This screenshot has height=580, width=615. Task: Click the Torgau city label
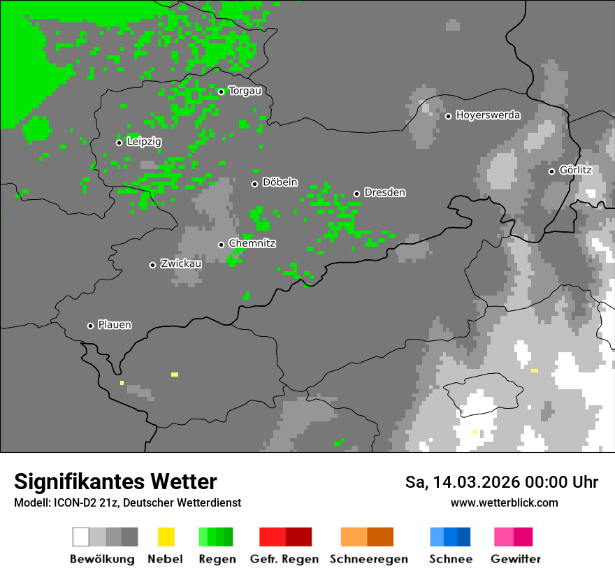245,91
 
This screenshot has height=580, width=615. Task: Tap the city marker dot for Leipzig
119,143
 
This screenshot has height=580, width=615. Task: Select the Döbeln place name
280,182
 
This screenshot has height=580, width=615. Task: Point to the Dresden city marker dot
356,194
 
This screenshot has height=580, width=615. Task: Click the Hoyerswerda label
488,115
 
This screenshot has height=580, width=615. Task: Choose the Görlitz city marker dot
551,171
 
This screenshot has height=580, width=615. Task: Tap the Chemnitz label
252,243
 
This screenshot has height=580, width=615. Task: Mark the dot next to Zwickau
152,265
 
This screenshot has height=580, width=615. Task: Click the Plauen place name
115,325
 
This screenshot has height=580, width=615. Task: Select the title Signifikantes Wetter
115,481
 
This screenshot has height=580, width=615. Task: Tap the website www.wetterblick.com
504,502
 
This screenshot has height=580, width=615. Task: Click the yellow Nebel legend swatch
166,537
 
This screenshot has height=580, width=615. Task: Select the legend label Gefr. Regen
284,559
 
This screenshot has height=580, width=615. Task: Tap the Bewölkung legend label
102,559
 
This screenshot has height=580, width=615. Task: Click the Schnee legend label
451,559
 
